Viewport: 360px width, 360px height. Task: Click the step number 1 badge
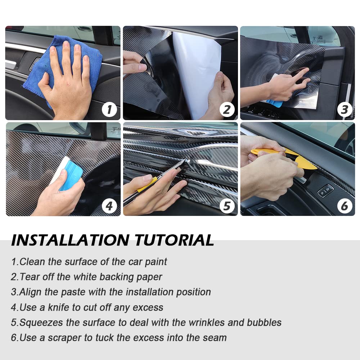[x=109, y=109]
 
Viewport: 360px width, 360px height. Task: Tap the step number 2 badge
[x=227, y=109]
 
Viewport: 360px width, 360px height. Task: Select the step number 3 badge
[x=345, y=109]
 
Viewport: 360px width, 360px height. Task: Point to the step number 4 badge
[x=109, y=206]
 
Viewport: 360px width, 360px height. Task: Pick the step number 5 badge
[x=227, y=206]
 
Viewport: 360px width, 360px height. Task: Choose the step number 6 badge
[x=345, y=206]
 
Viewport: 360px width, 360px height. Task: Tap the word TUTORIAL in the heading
[x=174, y=240]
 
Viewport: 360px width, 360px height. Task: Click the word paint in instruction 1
[x=156, y=262]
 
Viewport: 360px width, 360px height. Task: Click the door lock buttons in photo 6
[x=325, y=190]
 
